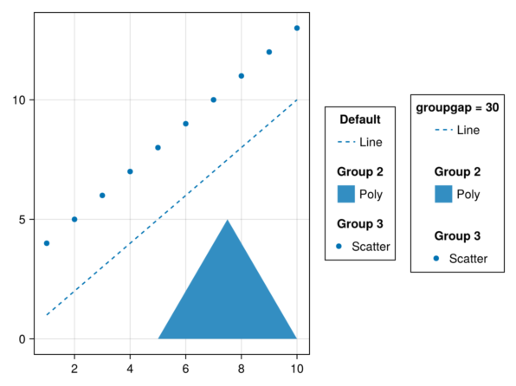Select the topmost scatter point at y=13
coord(297,29)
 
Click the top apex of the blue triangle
coord(228,220)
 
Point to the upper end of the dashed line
coord(297,100)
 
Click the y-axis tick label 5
coord(22,220)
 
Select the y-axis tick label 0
coord(22,339)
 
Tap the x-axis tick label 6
coord(185,369)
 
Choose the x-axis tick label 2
coord(74,369)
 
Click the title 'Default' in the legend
coord(360,119)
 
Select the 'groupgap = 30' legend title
coord(457,107)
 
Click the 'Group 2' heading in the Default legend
coord(360,171)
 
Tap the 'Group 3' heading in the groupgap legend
coord(457,236)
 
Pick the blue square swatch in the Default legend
coord(346,194)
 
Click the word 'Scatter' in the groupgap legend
coord(468,259)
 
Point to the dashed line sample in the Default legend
coord(346,142)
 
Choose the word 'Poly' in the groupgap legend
coord(468,195)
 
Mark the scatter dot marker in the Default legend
coord(339,246)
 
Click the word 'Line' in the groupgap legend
coord(468,130)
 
